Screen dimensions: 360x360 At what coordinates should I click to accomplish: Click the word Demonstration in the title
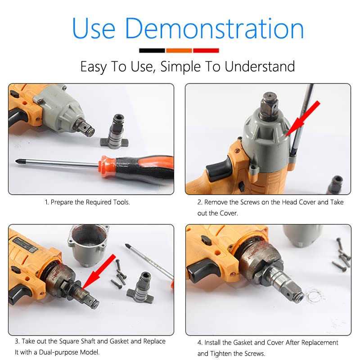pyautogui.click(x=215, y=28)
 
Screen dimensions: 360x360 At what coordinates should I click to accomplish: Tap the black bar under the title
pyautogui.click(x=152, y=50)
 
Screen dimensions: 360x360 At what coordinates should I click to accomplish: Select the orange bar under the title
pyautogui.click(x=179, y=50)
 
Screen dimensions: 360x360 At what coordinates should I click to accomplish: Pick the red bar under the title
pyautogui.click(x=206, y=50)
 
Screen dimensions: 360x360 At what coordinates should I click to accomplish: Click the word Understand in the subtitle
pyautogui.click(x=260, y=67)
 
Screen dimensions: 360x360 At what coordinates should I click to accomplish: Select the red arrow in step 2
pyautogui.click(x=302, y=119)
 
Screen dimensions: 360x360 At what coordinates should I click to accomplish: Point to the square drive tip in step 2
pyautogui.click(x=269, y=107)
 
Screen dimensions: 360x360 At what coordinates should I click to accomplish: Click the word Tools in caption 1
pyautogui.click(x=121, y=202)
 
